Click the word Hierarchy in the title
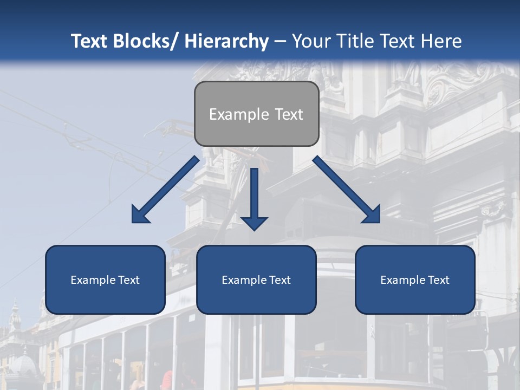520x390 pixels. [226, 41]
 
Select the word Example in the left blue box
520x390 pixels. [93, 280]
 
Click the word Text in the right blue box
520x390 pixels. [438, 280]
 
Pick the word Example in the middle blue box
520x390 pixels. [244, 280]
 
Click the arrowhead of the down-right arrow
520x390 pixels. [372, 214]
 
